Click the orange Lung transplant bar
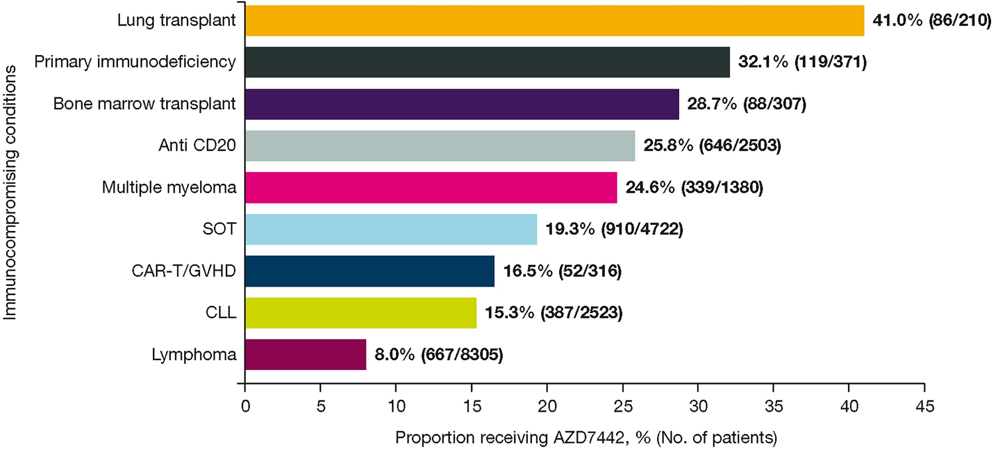click(x=554, y=21)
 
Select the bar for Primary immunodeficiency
click(x=487, y=62)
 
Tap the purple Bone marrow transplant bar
click(x=462, y=104)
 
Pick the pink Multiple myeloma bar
click(x=431, y=187)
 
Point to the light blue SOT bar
click(x=391, y=229)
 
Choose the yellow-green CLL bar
click(x=360, y=312)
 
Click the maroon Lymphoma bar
click(x=305, y=354)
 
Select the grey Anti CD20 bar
click(x=440, y=146)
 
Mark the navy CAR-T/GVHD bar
click(x=370, y=271)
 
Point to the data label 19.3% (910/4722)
click(x=614, y=230)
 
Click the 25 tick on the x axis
click(x=623, y=404)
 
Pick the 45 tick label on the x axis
click(x=924, y=404)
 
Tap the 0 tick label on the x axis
click(x=245, y=404)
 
